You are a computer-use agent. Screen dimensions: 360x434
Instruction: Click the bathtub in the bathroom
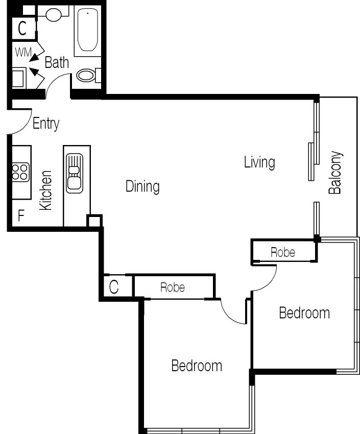(x=88, y=30)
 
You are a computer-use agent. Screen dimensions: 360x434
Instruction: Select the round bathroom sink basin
(x=54, y=14)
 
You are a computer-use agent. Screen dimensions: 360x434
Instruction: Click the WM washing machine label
(x=23, y=52)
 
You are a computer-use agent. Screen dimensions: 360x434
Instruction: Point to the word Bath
(x=57, y=62)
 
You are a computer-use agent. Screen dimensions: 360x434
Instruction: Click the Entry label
(x=46, y=124)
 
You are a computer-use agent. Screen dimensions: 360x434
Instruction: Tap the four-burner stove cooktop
(x=20, y=172)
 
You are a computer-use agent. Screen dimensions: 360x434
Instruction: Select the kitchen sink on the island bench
(x=75, y=173)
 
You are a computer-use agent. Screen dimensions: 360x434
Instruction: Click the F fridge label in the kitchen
(x=21, y=215)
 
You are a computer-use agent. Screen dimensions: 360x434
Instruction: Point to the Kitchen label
(x=45, y=190)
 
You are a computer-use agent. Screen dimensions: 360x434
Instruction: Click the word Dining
(x=142, y=186)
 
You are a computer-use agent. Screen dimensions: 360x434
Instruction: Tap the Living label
(x=259, y=162)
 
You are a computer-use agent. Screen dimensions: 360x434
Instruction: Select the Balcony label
(x=335, y=173)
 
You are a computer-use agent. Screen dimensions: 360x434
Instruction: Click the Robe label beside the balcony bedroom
(x=283, y=252)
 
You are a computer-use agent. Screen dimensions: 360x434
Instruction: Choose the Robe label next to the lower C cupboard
(x=173, y=287)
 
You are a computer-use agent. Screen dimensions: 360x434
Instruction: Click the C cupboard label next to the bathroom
(x=22, y=28)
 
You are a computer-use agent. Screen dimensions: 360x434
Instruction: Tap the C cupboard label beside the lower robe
(x=114, y=287)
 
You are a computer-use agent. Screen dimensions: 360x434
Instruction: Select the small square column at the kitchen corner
(x=94, y=221)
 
